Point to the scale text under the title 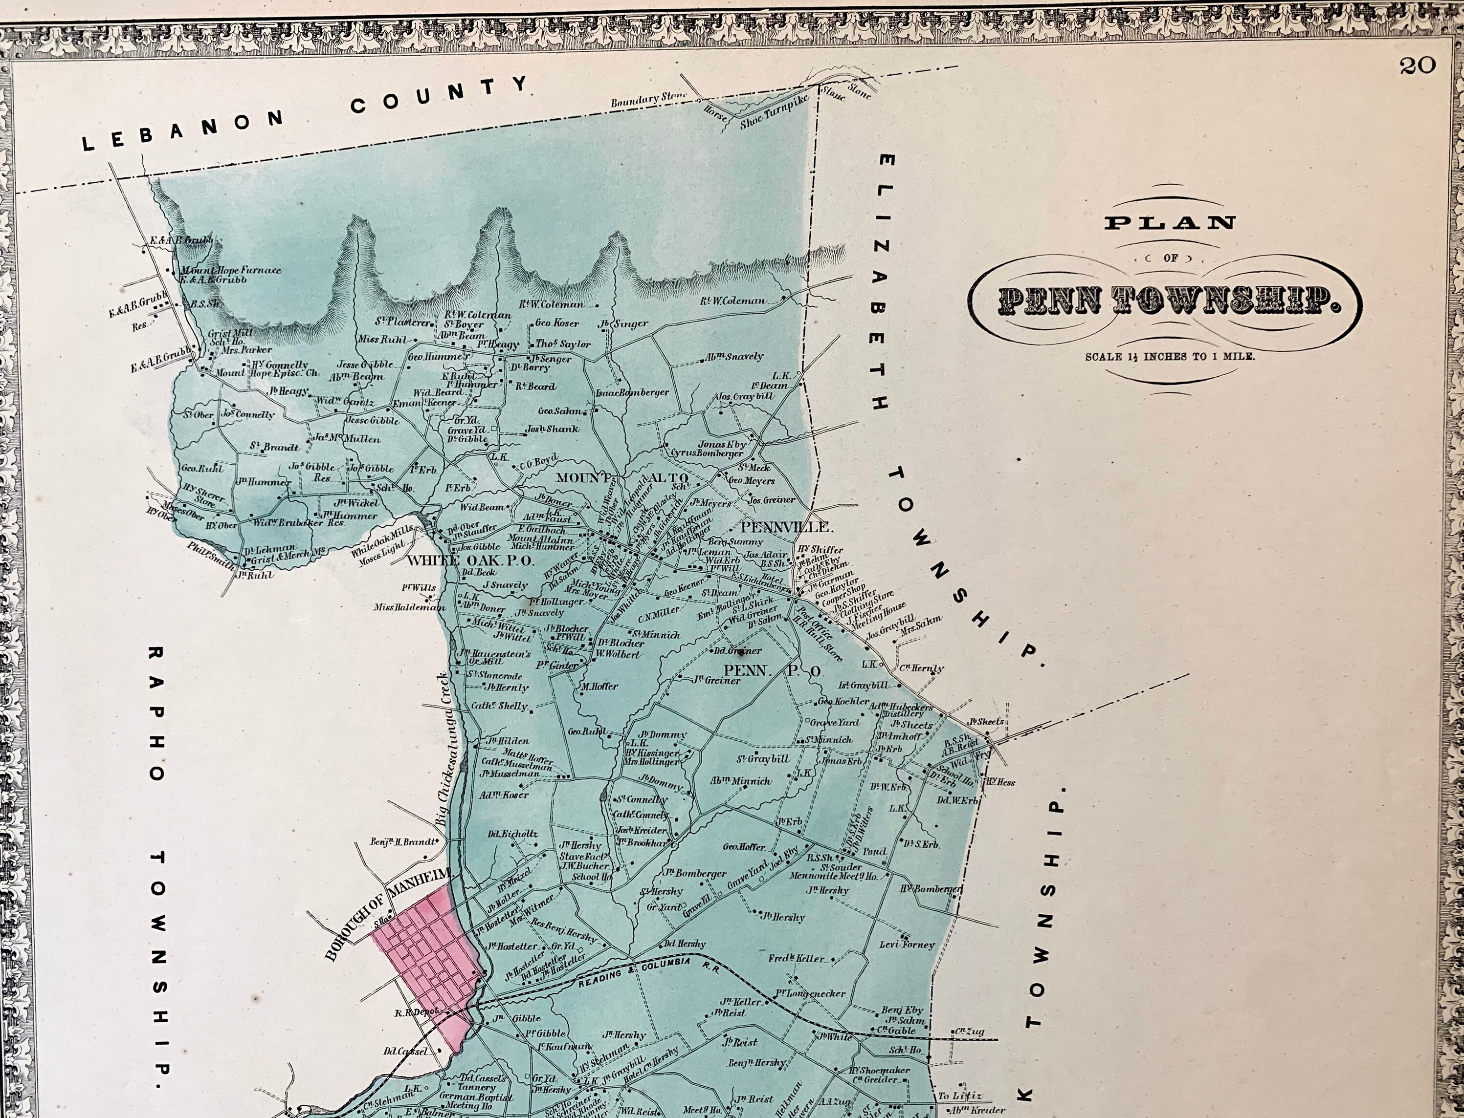pos(1170,357)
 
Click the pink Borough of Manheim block pos(426,958)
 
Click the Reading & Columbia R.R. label pos(649,976)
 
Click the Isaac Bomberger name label pos(632,393)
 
